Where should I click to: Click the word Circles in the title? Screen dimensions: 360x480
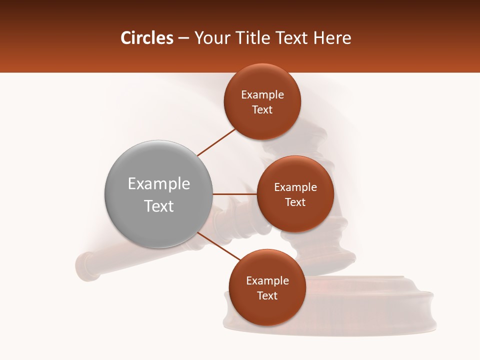(x=147, y=38)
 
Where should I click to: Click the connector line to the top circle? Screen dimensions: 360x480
(x=217, y=142)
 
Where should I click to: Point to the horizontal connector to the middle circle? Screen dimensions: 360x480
(x=234, y=194)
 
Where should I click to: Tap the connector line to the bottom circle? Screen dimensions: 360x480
(x=218, y=246)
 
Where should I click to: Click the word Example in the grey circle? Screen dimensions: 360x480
(x=159, y=184)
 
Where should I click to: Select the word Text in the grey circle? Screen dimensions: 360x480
(x=159, y=206)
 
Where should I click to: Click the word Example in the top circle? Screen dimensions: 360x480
(x=262, y=95)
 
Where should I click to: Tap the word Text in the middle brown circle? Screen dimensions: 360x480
(x=295, y=202)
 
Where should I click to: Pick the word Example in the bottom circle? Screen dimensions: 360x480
(x=267, y=281)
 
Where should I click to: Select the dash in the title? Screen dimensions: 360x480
(x=183, y=38)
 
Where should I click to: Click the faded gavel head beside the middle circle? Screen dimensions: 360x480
(x=345, y=235)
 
